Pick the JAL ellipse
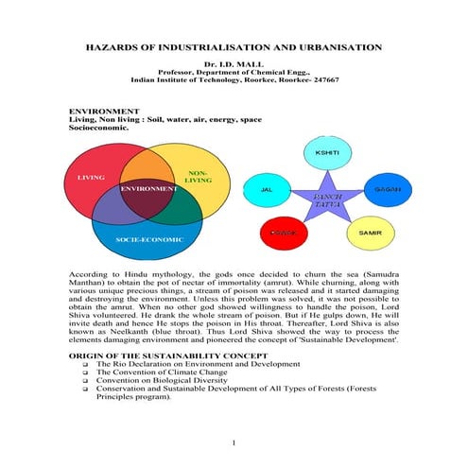tap(266, 189)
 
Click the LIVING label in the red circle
tap(91, 176)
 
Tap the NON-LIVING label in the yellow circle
tap(199, 177)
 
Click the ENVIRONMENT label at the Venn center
tap(148, 189)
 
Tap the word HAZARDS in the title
tap(115, 46)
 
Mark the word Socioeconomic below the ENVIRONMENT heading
tap(101, 130)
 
